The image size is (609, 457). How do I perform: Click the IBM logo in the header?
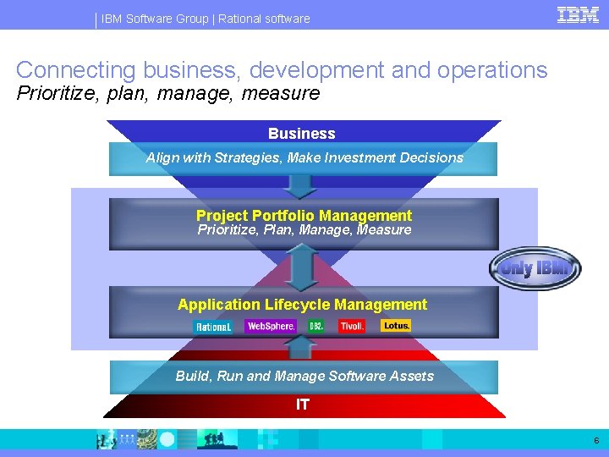click(579, 14)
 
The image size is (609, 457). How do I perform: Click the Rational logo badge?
click(213, 327)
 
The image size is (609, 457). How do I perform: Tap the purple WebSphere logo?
click(271, 326)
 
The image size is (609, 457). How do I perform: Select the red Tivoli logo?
click(351, 326)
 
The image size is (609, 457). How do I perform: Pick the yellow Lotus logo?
click(396, 325)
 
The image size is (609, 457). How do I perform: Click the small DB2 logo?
click(316, 326)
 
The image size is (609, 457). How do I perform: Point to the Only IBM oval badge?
click(535, 269)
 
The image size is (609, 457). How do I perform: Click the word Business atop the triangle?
click(302, 134)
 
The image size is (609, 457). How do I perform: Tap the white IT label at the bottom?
click(302, 405)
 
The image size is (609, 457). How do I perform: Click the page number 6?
click(596, 441)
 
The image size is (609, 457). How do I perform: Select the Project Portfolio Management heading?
click(304, 216)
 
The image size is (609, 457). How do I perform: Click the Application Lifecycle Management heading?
click(303, 305)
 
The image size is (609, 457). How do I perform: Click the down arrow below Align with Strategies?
click(302, 185)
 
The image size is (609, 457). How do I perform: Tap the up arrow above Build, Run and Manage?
click(302, 347)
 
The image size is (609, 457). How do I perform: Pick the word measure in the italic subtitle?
click(281, 93)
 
